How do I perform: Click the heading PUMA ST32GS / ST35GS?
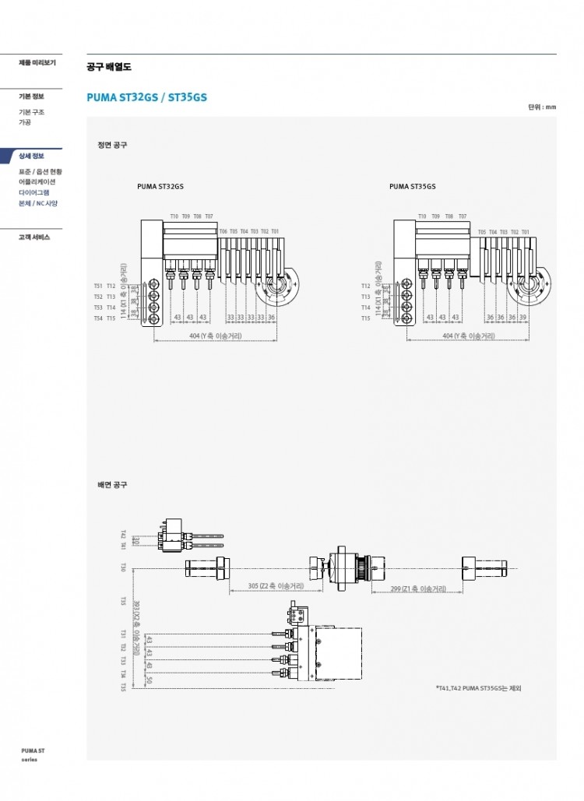(x=146, y=97)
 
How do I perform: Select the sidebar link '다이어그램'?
(x=33, y=192)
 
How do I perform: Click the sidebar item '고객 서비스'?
(x=34, y=237)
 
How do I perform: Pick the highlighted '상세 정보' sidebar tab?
(x=32, y=156)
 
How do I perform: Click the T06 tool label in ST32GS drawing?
(x=223, y=231)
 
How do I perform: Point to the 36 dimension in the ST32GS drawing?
(x=272, y=318)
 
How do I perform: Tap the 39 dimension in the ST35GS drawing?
(x=523, y=318)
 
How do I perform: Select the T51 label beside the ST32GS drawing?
(x=98, y=286)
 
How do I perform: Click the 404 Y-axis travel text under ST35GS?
(x=469, y=336)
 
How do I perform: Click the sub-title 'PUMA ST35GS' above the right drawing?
(x=412, y=187)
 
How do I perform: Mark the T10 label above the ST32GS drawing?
(x=174, y=216)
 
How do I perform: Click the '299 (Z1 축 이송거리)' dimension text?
(x=418, y=589)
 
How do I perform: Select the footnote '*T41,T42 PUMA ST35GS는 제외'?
(x=477, y=688)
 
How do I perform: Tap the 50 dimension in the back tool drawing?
(x=150, y=680)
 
